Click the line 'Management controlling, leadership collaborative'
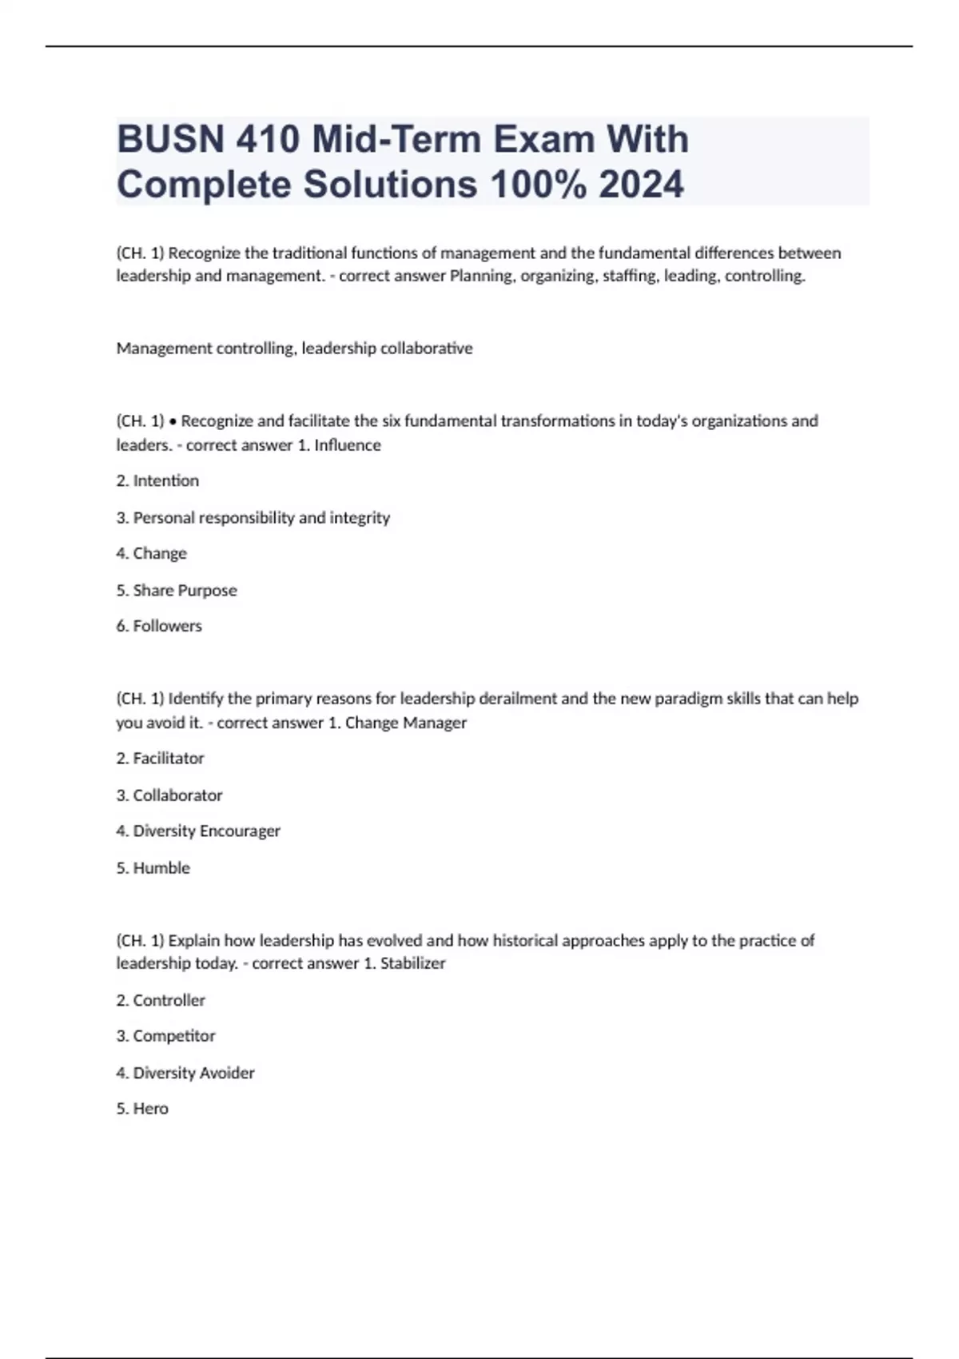(x=294, y=349)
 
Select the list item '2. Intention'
(x=157, y=480)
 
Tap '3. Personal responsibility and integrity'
(x=253, y=518)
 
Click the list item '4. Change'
(x=151, y=553)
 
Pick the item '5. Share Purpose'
(x=177, y=590)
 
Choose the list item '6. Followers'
(x=159, y=626)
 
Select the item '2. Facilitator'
(x=160, y=758)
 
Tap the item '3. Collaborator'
(x=169, y=795)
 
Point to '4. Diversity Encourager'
(x=198, y=831)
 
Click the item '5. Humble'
(x=153, y=868)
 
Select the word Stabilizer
(x=412, y=963)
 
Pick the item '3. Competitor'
(x=165, y=1036)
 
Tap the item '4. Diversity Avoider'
(x=185, y=1073)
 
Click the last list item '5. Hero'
(x=142, y=1109)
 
